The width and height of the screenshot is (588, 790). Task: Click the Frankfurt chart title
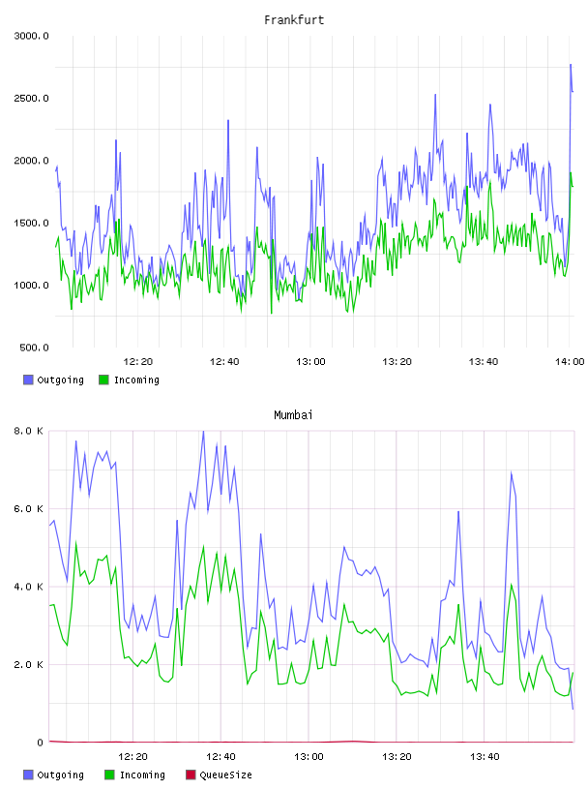pos(294,19)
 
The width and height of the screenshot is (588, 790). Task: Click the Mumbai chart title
pos(293,414)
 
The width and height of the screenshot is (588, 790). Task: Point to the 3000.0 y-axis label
pos(31,36)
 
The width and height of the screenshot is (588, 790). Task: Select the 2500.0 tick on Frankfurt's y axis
pos(31,98)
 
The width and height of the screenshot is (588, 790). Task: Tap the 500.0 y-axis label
pos(34,348)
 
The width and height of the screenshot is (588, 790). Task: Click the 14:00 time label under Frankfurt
pos(570,362)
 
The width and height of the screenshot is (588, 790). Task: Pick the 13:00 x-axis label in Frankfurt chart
pos(310,362)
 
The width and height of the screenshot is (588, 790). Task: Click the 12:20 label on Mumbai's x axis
pos(132,757)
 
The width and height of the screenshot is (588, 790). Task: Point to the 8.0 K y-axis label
pos(29,431)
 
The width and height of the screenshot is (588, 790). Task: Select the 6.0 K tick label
pos(29,509)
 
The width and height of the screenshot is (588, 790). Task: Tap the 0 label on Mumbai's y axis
pos(40,743)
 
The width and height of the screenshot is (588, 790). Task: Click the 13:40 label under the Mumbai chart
pos(485,757)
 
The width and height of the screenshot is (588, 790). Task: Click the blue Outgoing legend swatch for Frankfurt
pos(28,380)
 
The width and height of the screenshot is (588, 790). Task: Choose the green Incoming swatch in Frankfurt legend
pos(103,380)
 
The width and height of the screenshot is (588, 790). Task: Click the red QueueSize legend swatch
pos(191,775)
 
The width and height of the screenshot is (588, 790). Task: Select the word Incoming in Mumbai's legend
pos(142,775)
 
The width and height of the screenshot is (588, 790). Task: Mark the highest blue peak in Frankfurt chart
pos(571,65)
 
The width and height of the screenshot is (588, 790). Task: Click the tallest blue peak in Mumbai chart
pos(203,431)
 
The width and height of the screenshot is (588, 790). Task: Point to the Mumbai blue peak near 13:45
pos(512,472)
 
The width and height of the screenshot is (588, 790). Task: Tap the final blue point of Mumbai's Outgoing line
pos(573,709)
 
